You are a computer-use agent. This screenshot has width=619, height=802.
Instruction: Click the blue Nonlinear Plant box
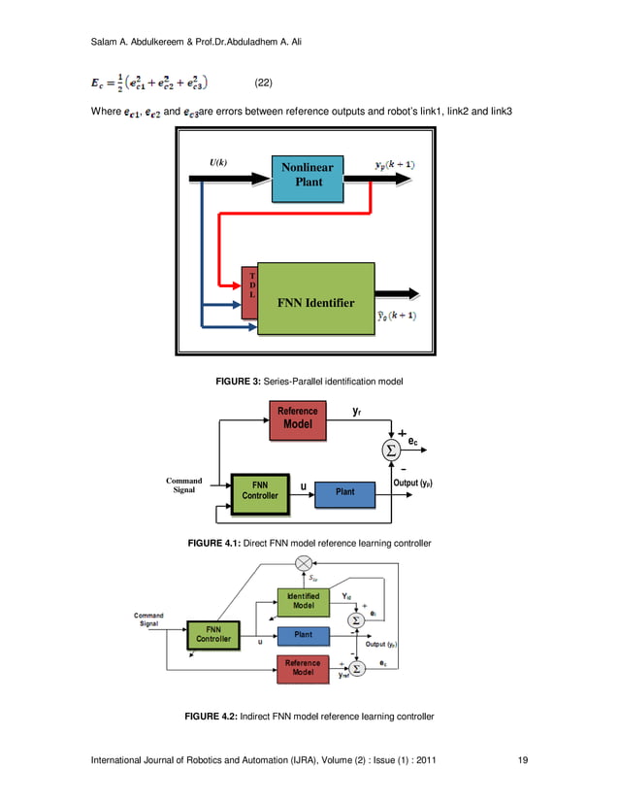click(x=307, y=175)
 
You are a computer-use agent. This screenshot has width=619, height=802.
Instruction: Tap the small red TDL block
click(x=250, y=290)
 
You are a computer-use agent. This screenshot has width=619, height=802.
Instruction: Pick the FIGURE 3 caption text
click(x=309, y=383)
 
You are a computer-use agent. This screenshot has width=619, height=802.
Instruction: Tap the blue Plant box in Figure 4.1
click(x=344, y=492)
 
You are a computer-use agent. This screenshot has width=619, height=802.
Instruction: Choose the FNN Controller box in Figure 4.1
click(x=259, y=489)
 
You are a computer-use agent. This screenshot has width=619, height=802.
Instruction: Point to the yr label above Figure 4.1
click(x=358, y=412)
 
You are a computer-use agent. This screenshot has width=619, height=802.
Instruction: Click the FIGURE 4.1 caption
click(x=309, y=542)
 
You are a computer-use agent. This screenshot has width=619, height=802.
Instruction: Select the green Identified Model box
click(x=303, y=602)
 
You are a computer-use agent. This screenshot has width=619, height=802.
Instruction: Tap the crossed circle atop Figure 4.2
click(x=305, y=563)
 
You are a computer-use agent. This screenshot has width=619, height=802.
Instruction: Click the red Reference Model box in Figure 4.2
click(x=303, y=667)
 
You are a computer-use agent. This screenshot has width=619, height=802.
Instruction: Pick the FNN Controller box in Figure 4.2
click(x=213, y=634)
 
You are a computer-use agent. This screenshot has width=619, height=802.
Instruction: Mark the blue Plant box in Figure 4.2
click(x=303, y=635)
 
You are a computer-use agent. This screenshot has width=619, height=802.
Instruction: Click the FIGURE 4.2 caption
click(x=309, y=717)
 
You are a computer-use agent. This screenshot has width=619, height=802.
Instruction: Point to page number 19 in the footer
click(x=523, y=760)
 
